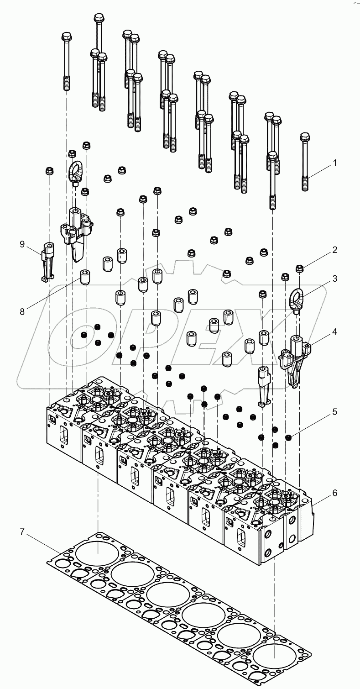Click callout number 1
335,163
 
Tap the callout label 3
335,279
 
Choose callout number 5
335,412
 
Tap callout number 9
21,244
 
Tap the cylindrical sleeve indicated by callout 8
85,277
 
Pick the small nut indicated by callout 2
300,268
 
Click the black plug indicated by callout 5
288,438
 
